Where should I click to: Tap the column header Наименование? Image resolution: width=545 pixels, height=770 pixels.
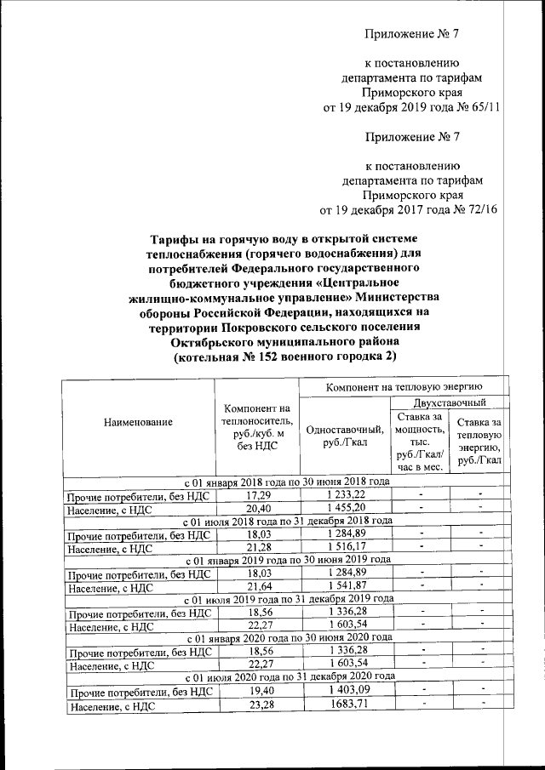click(138, 422)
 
